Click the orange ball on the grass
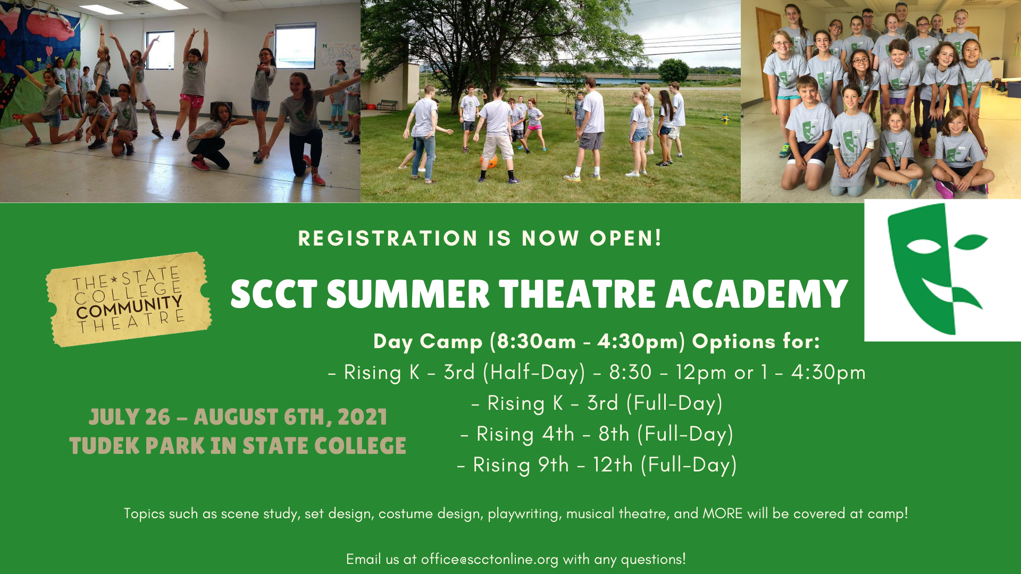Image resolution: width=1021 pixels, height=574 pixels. (x=488, y=161)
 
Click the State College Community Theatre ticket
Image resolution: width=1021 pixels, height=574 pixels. (x=129, y=299)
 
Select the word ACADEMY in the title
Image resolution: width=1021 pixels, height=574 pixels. (x=757, y=294)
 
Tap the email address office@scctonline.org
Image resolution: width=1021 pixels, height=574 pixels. (x=490, y=559)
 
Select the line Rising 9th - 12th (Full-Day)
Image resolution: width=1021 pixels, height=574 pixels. (x=597, y=465)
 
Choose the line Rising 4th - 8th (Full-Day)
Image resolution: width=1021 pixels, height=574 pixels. (x=597, y=434)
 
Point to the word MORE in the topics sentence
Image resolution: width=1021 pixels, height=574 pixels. (x=723, y=513)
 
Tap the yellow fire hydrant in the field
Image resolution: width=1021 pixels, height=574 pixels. (x=725, y=119)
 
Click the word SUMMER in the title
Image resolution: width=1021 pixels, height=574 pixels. (x=408, y=294)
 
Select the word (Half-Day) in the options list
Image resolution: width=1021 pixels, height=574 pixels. (x=534, y=373)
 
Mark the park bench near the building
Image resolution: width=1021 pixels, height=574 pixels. (x=387, y=105)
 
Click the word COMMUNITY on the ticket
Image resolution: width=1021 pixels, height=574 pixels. (x=129, y=307)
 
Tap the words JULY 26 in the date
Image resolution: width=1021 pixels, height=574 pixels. (x=129, y=417)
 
